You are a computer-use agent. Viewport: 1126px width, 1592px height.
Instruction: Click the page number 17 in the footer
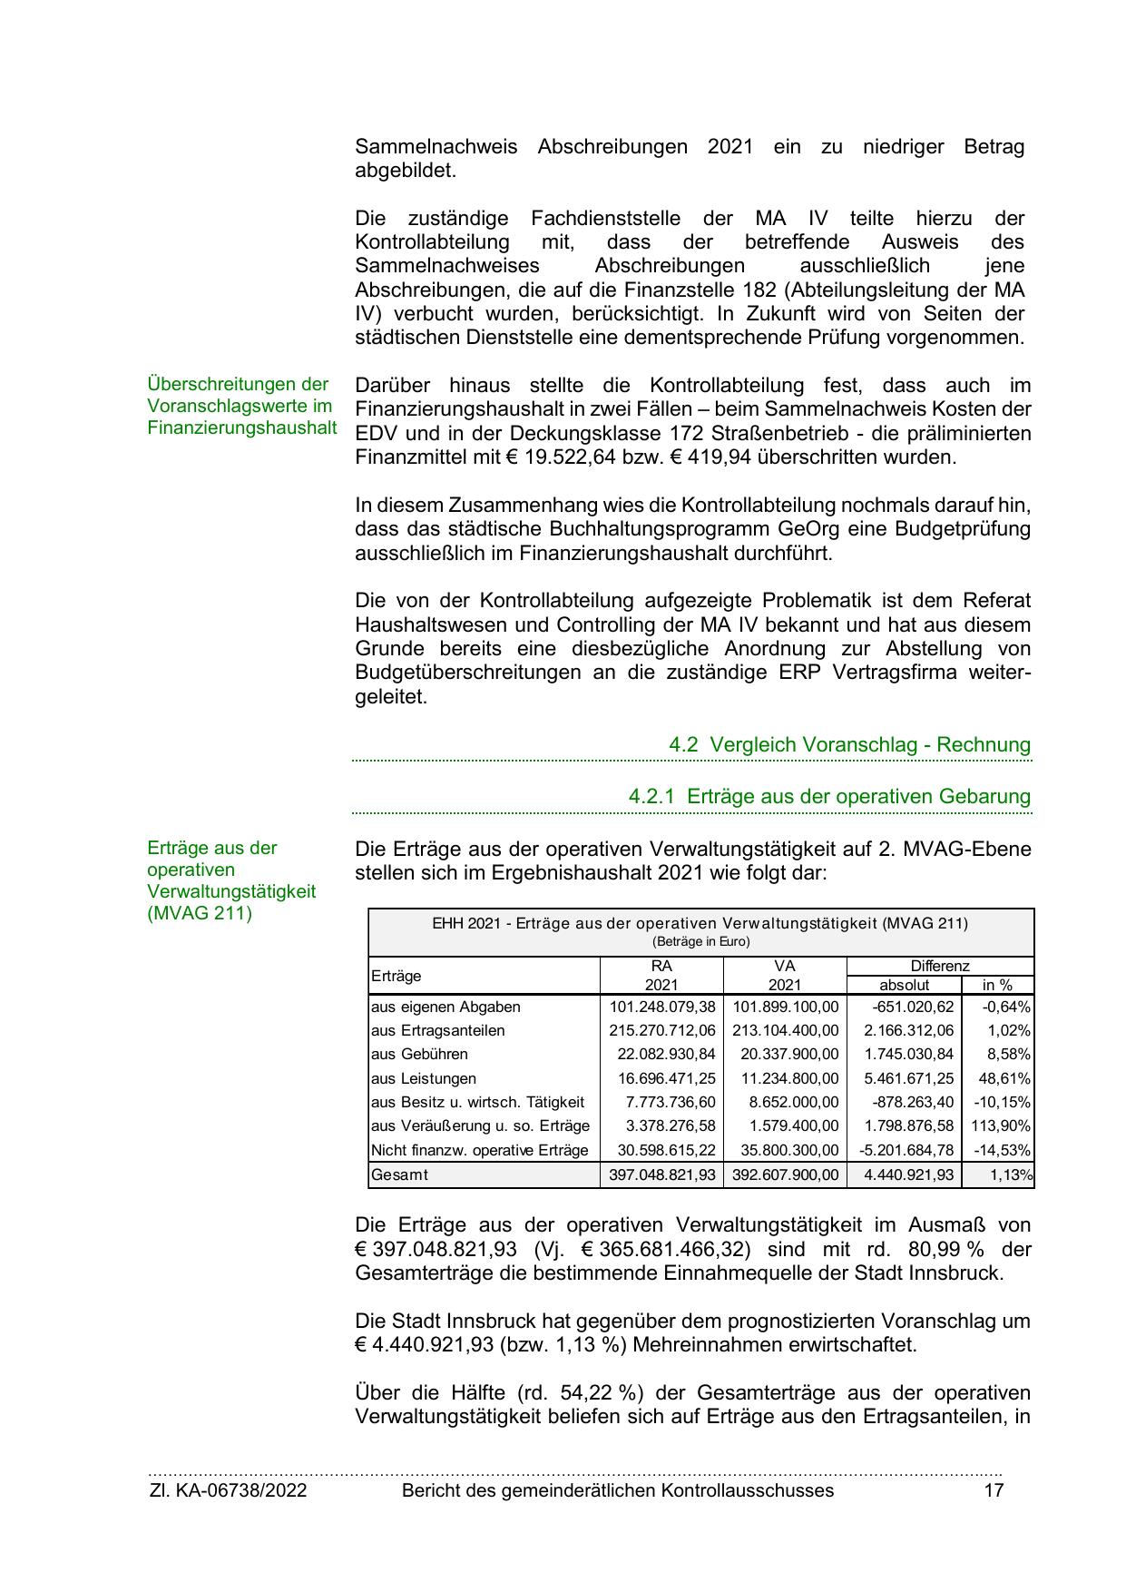994,1490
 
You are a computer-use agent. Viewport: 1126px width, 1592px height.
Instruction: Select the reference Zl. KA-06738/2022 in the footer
228,1490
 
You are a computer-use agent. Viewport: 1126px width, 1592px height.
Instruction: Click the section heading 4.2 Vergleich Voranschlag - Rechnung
850,744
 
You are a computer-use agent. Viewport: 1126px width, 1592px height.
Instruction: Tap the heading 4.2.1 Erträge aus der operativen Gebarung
829,796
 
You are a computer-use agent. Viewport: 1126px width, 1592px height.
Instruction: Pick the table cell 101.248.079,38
661,1007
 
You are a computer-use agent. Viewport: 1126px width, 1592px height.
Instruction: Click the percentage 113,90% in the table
1002,1126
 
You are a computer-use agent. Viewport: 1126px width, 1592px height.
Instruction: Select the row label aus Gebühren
419,1055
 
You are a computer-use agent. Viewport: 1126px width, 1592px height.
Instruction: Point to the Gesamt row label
399,1174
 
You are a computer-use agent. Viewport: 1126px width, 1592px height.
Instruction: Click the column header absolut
904,985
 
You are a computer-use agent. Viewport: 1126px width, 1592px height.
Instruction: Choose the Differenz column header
940,966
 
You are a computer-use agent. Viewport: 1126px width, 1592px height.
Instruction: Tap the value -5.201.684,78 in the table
906,1151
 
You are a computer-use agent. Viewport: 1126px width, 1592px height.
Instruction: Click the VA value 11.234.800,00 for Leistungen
785,1079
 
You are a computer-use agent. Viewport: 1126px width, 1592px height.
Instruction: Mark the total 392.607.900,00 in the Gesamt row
785,1174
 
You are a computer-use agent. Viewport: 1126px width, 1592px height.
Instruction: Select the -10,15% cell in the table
1002,1103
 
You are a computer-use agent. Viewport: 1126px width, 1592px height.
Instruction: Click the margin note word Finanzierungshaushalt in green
242,427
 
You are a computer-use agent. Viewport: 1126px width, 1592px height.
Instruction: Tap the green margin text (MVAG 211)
200,913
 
